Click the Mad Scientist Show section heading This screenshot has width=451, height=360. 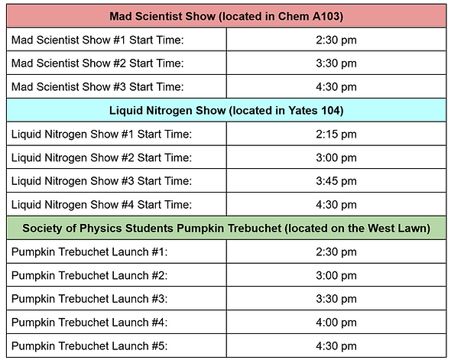226,16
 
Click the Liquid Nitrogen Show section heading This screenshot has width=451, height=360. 226,111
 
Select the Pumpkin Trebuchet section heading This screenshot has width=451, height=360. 226,228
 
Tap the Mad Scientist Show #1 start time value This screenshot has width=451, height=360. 336,39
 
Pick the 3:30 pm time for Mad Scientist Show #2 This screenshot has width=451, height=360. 336,63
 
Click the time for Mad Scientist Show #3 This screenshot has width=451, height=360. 336,86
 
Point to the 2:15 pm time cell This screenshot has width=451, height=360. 336,134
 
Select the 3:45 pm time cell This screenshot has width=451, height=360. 336,181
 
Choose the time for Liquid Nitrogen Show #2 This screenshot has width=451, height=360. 336,157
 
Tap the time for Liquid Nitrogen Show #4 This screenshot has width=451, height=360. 336,205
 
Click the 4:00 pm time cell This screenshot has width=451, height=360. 336,322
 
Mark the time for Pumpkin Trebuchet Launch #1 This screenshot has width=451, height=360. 336,251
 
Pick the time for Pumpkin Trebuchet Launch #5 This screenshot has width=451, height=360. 336,345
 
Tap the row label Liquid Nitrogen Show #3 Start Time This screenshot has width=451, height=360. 101,181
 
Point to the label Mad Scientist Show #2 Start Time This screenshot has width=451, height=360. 98,63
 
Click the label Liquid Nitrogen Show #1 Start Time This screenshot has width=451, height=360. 101,134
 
